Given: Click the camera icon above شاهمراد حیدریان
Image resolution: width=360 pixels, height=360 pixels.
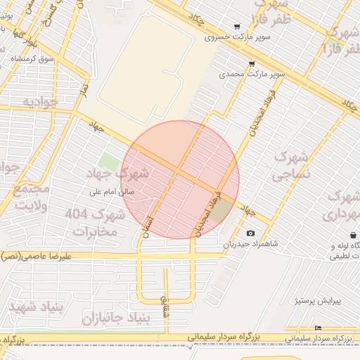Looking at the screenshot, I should click(251, 233).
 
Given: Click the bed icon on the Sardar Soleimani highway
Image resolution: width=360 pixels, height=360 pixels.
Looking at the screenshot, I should click(318, 328).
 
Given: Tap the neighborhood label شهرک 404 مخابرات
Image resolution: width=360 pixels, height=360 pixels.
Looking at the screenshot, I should click(95, 221).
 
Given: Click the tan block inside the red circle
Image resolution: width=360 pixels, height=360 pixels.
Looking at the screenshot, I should click(221, 212).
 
